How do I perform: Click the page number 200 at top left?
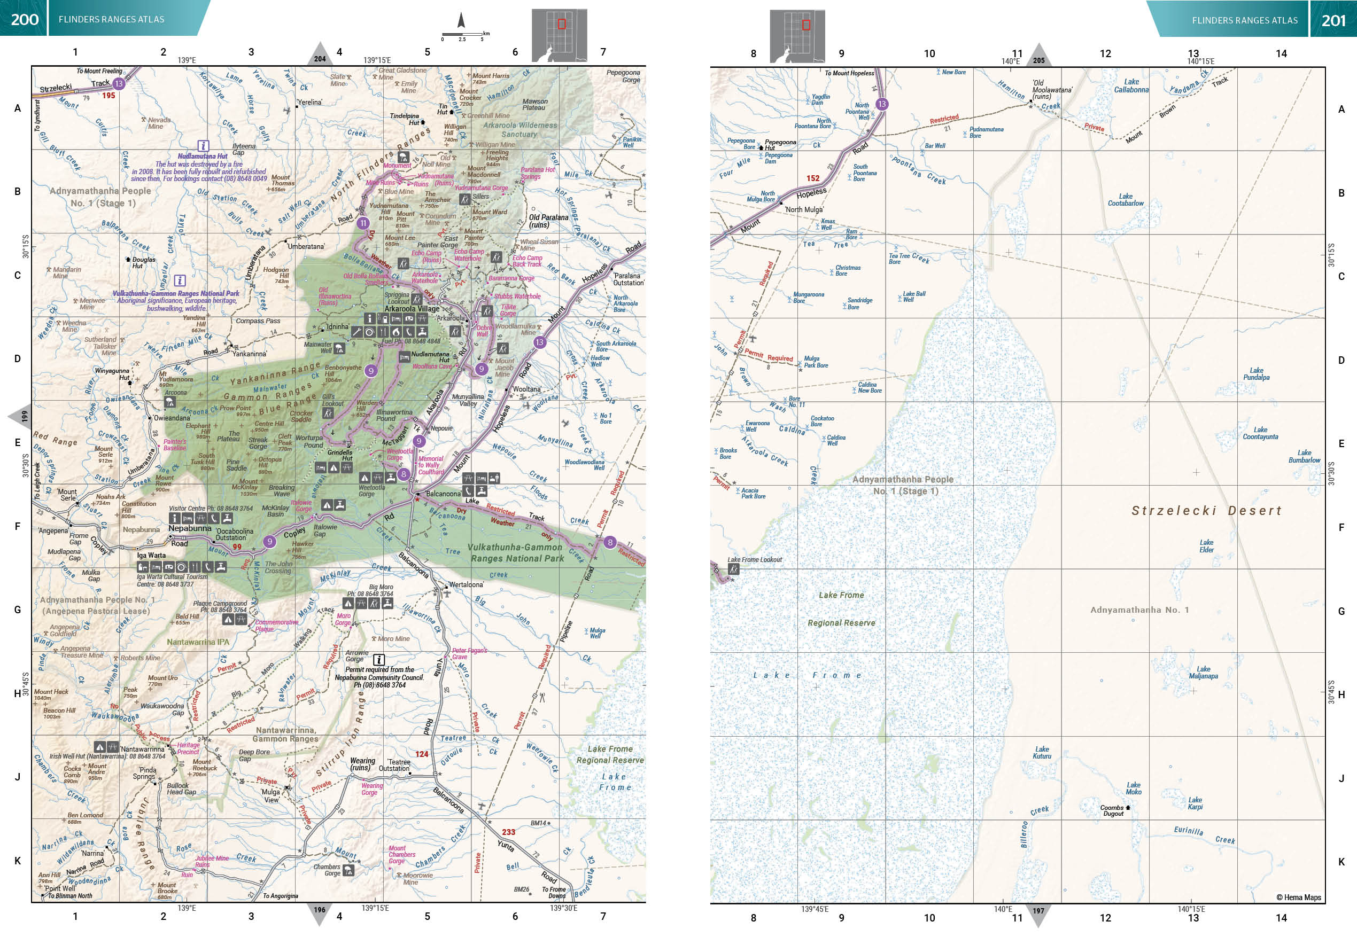pos(24,19)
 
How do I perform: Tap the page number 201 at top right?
pos(1333,20)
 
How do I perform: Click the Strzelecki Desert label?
pos(1206,511)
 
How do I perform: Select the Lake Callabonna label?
pos(1131,85)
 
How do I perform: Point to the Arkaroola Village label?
pos(412,309)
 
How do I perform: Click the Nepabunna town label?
pos(190,528)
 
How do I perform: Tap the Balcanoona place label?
pos(443,494)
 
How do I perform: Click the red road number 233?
pos(508,832)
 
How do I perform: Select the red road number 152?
pos(813,178)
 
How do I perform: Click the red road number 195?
pos(108,95)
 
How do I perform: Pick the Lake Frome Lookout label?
pos(755,559)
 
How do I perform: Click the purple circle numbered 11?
pos(363,223)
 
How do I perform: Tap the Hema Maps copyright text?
pos(1298,897)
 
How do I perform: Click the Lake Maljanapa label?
pos(1203,672)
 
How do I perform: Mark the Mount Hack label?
pos(51,692)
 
